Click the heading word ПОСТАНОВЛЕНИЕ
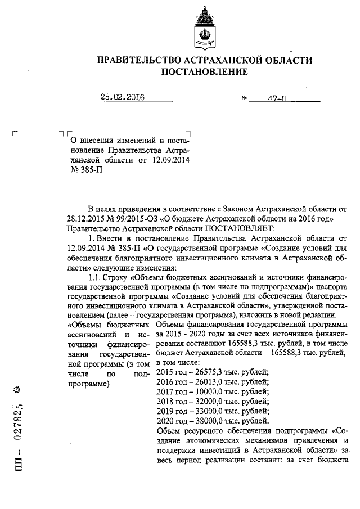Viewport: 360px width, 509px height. pos(204,72)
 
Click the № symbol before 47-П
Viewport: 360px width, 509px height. pos(244,98)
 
